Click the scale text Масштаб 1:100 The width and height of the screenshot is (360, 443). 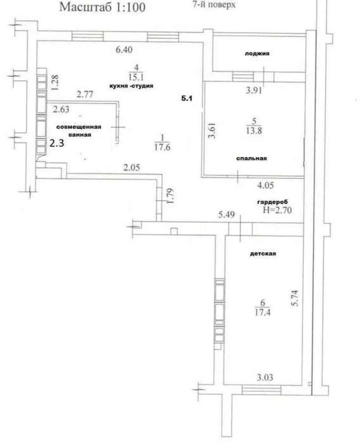point(102,7)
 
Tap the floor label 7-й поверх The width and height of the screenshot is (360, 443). point(214,4)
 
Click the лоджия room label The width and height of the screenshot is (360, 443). point(257,54)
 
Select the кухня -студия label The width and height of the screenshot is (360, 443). point(131,86)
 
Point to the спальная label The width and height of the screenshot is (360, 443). point(251,158)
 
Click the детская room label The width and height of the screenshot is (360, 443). point(263,254)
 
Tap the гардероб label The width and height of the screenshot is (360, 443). point(272,202)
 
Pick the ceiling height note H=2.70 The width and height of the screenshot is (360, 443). point(277,210)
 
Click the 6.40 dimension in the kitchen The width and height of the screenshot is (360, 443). point(124,50)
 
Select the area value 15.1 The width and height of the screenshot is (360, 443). point(136,78)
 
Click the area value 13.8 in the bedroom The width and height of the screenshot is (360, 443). point(254,131)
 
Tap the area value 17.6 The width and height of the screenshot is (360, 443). point(162,147)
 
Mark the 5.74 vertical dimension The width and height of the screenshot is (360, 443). point(295,298)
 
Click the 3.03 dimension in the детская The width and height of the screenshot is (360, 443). point(265,377)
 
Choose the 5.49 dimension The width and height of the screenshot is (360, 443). point(226,214)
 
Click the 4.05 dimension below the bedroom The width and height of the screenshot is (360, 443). point(265,185)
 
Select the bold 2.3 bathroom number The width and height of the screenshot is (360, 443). point(56,143)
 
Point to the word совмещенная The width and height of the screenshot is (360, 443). point(79,127)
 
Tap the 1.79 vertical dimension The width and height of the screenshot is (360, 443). point(170,196)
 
